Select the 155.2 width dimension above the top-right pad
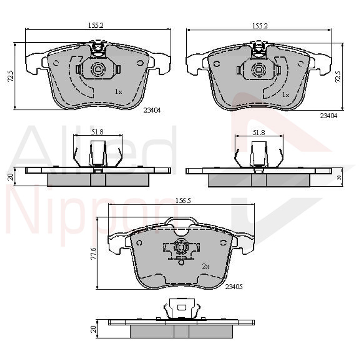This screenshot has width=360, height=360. point(260,25)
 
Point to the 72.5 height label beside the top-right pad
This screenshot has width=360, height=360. point(337,76)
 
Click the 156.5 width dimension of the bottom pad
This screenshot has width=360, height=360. point(183,201)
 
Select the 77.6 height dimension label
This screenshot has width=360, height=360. point(93,253)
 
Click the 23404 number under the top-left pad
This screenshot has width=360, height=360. point(152,111)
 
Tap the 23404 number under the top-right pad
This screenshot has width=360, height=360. point(328,116)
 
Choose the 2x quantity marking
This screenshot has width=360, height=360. point(205,267)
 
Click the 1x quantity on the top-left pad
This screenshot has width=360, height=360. point(118,91)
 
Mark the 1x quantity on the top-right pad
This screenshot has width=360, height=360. point(286,95)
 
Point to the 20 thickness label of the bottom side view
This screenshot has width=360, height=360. point(93,330)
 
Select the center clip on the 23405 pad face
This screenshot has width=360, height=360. point(180,248)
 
